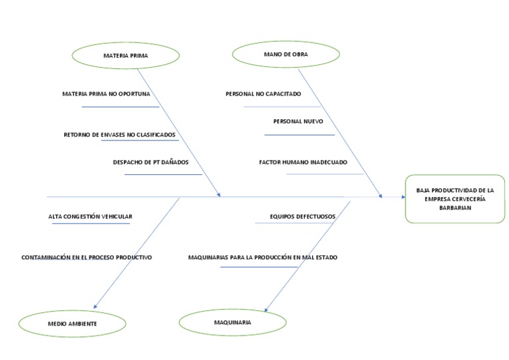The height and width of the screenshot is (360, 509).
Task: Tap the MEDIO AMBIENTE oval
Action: point(72,324)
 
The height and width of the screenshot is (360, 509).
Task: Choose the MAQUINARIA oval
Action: point(232,322)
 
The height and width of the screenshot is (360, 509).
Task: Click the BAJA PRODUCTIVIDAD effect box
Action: point(455,199)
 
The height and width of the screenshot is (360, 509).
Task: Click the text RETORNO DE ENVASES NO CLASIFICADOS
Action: point(119,135)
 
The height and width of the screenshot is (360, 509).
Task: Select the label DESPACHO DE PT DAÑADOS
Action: point(151,162)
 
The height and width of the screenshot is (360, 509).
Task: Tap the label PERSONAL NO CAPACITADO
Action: point(263,94)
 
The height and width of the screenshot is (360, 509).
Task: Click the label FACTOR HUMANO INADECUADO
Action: point(303,162)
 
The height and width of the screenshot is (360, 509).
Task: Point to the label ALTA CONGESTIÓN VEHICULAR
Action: point(90,217)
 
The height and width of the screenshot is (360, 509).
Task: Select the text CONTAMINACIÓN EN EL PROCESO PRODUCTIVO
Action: point(87,257)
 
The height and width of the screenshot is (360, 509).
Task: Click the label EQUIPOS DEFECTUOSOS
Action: point(302,216)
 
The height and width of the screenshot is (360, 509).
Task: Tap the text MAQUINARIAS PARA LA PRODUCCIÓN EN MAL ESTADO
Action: point(262,257)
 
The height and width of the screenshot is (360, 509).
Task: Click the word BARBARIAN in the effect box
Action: point(455,208)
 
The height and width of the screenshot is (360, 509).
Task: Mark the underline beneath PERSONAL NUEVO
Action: point(300,135)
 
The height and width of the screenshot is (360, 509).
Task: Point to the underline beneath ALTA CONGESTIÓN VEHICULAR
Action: point(91,223)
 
